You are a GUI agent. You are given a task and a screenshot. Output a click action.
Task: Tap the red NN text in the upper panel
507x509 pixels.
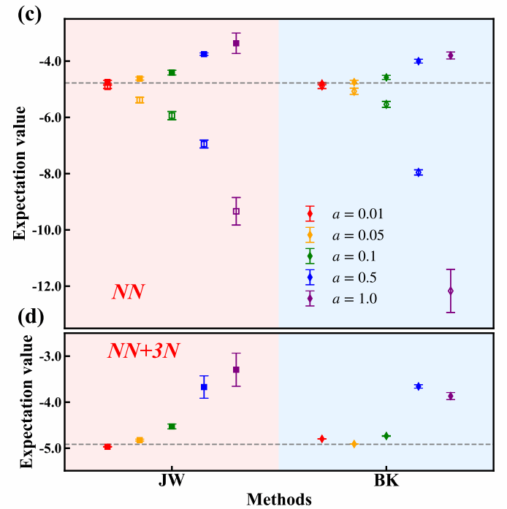128,291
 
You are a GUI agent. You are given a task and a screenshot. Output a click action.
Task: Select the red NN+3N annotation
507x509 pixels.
145,351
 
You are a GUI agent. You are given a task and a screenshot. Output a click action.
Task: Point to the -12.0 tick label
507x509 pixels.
42,286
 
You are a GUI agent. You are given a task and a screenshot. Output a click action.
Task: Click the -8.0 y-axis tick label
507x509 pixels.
45,174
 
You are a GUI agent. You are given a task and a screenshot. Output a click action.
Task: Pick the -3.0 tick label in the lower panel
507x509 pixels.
45,356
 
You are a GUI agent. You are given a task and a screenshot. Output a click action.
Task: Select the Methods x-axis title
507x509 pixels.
279,500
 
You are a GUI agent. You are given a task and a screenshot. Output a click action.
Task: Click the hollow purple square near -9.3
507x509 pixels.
236,211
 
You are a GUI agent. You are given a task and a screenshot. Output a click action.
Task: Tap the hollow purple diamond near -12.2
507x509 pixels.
451,291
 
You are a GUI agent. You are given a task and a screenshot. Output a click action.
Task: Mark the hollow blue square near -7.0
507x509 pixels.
204,144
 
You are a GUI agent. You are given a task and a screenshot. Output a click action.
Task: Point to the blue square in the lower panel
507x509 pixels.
204,387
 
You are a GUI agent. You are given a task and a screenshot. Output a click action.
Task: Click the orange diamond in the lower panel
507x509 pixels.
354,444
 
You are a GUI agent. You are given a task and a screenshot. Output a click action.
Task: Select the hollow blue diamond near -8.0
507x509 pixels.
419,172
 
